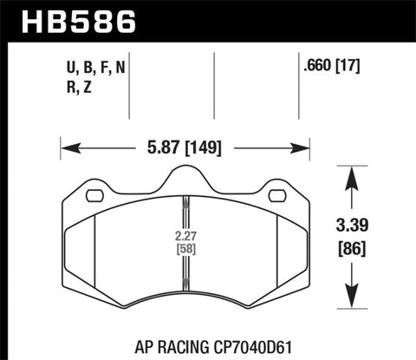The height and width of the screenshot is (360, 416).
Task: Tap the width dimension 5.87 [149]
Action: point(184,147)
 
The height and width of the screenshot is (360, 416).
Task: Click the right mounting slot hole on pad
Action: point(276,195)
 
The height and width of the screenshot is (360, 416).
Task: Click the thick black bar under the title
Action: point(208,40)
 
